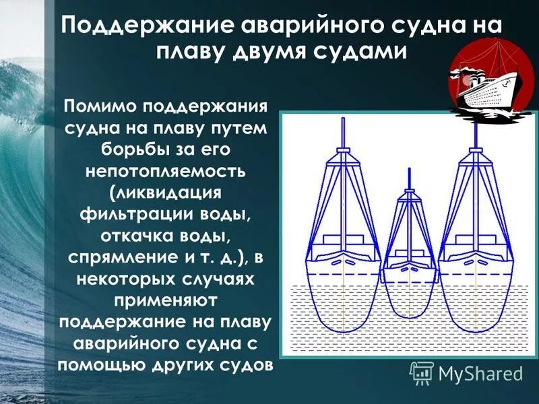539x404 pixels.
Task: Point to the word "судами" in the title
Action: (x=364, y=52)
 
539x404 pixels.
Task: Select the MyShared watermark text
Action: (x=480, y=372)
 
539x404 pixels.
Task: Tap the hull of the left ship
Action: (x=344, y=296)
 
